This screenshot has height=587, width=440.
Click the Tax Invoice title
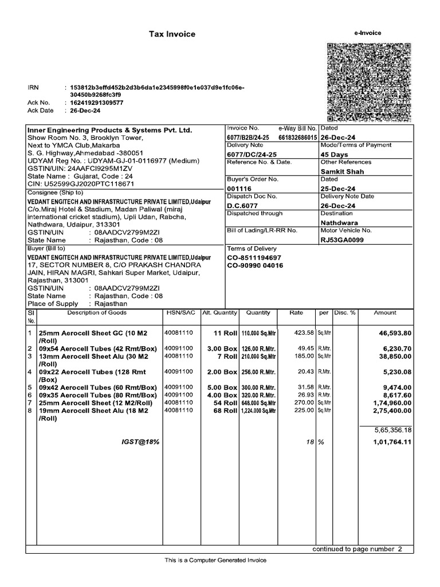(x=172, y=34)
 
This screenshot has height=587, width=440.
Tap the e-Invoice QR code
(x=370, y=82)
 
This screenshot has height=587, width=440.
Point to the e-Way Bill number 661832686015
(x=298, y=138)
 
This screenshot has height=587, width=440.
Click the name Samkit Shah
(x=342, y=171)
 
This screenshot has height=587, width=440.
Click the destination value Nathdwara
(x=339, y=222)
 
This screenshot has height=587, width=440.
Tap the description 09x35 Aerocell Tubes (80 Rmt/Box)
(x=97, y=396)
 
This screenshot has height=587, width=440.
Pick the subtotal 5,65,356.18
(x=393, y=429)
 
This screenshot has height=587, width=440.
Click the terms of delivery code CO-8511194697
(x=256, y=257)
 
